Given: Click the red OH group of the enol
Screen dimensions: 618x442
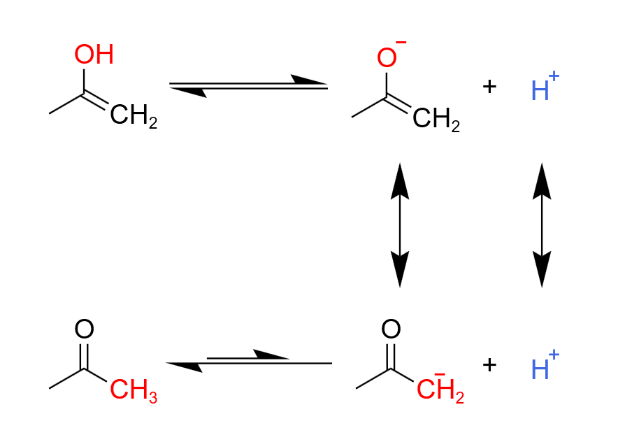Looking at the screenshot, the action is [x=94, y=54].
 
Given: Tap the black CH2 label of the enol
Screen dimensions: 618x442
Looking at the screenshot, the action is [x=134, y=115].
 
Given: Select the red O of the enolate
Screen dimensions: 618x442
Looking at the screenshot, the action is [x=386, y=57].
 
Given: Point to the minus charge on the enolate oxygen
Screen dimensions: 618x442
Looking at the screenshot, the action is [x=401, y=42].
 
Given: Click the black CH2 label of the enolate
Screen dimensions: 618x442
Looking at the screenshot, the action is [x=436, y=119].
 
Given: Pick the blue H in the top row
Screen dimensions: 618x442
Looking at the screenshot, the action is [x=540, y=90].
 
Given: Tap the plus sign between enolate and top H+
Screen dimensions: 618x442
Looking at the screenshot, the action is [x=489, y=86].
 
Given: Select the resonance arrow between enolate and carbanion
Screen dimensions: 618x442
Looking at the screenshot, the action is [x=400, y=225].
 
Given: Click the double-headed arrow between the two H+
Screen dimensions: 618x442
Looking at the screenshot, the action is [x=542, y=225].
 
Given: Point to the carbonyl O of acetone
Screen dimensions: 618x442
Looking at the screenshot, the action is [x=84, y=329].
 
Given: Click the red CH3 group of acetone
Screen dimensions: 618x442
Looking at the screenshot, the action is [x=134, y=390].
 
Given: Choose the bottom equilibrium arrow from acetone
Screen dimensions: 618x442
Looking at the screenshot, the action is [x=248, y=361].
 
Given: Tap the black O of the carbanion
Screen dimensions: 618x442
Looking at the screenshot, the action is [x=391, y=329].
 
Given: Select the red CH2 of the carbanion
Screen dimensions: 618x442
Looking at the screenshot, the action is [x=440, y=390].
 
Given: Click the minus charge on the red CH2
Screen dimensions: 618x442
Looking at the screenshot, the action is [x=440, y=374].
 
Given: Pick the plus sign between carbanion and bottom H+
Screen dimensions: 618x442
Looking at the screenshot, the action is [x=489, y=364].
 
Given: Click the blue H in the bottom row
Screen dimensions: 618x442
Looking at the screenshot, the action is [x=540, y=369].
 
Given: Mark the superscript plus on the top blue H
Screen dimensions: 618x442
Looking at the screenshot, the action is [x=554, y=76].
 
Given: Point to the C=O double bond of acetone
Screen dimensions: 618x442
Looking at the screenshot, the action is [x=84, y=357].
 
